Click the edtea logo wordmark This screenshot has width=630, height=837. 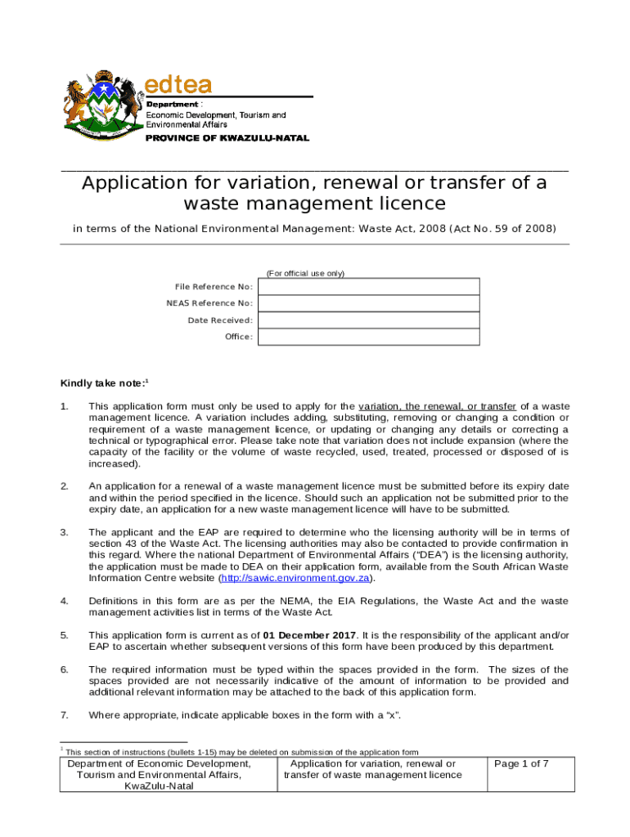178,84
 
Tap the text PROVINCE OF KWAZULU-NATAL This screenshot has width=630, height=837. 227,138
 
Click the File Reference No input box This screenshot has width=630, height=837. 369,287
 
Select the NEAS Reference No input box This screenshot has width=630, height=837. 369,303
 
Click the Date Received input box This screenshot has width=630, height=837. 369,320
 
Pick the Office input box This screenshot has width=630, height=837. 369,337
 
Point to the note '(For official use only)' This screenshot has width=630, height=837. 305,273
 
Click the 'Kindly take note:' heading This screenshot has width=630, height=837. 102,383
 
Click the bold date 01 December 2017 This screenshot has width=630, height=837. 309,635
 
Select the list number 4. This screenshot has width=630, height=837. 65,601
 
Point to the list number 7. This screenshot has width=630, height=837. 65,715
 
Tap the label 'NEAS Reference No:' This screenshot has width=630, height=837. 209,303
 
